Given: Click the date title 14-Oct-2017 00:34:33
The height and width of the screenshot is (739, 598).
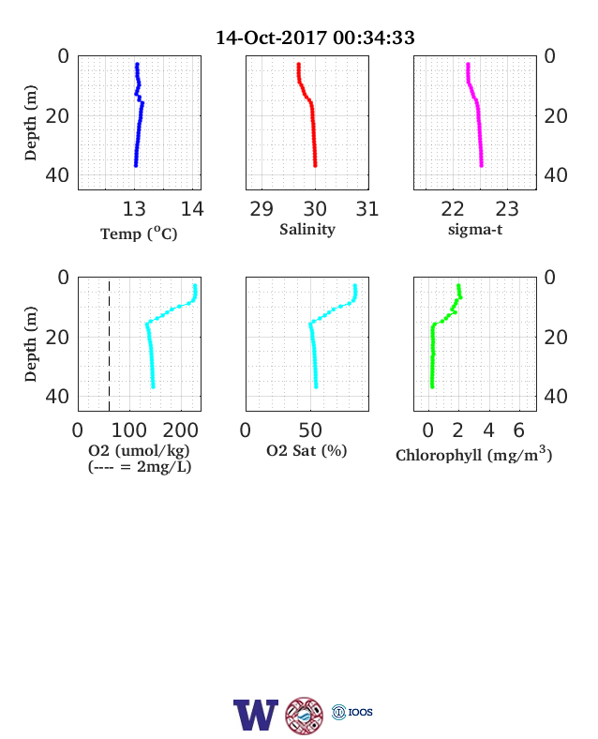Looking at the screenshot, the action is [315, 38].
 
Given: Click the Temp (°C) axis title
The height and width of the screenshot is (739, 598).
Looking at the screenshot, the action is [139, 234].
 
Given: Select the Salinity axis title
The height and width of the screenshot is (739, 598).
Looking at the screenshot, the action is [307, 230].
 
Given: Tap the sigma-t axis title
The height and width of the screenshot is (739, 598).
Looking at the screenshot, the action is [475, 230].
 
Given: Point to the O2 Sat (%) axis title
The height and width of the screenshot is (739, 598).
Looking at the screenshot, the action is [306, 450].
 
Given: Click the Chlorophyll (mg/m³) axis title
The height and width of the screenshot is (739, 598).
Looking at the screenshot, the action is [473, 454].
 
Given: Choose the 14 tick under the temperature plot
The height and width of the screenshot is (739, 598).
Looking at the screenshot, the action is [192, 209].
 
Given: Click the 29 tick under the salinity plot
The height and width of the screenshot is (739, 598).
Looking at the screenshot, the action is [262, 209].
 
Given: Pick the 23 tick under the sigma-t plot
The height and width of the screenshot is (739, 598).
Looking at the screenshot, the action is [507, 209].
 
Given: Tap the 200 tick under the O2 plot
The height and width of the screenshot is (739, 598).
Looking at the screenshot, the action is [180, 430].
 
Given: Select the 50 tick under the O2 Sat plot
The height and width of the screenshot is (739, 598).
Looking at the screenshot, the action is [310, 430].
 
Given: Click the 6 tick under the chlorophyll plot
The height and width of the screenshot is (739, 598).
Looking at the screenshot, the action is [519, 430].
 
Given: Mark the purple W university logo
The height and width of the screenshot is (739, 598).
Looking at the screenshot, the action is [256, 715].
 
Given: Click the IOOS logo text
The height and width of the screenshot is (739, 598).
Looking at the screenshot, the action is [361, 712].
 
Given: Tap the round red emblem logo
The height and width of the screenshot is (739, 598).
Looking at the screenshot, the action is [305, 716].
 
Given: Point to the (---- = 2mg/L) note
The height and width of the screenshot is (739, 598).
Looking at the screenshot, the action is [140, 467].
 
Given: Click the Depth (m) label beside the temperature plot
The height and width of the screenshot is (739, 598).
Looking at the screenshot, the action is [30, 123].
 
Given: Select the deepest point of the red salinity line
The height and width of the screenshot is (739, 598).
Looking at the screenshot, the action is [316, 165].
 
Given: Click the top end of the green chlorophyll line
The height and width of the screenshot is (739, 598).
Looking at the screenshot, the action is [458, 286].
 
